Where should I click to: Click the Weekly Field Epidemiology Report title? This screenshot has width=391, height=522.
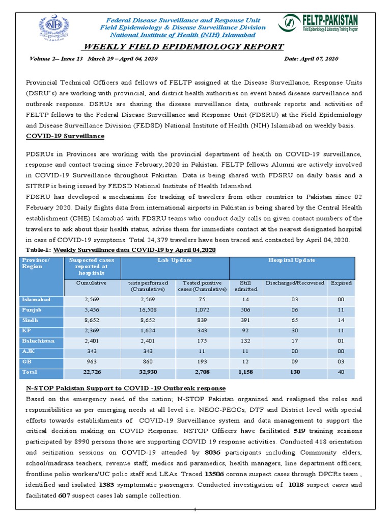[183, 47]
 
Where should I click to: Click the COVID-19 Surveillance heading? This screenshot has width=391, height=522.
[65, 136]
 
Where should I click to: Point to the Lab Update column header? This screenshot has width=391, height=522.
[175, 260]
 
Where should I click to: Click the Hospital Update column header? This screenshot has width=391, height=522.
[292, 260]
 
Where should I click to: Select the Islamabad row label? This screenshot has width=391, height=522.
[36, 300]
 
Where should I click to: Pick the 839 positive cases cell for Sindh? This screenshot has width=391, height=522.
[202, 320]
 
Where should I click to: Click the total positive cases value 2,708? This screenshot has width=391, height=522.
[202, 372]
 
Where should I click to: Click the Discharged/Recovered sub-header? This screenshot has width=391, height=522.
[295, 283]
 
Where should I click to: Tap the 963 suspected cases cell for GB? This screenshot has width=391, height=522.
[91, 361]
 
